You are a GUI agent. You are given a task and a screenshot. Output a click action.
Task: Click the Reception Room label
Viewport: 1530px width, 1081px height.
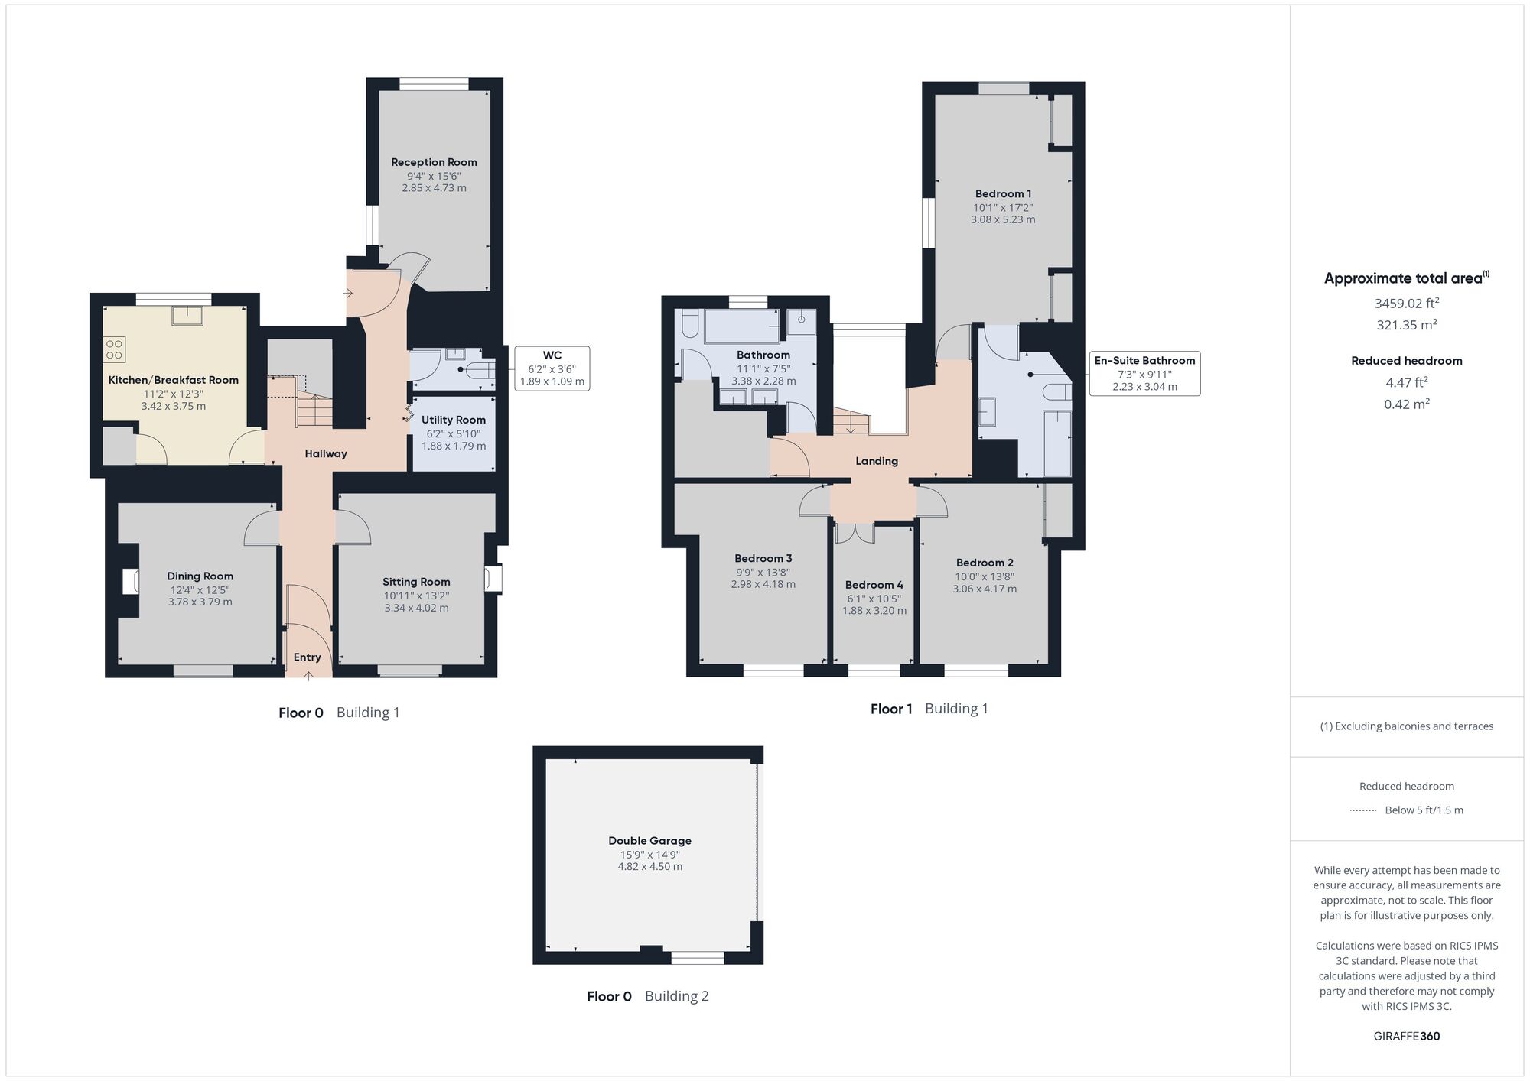[434, 162]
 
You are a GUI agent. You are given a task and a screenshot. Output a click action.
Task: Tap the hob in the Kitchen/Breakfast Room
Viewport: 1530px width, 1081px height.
[114, 349]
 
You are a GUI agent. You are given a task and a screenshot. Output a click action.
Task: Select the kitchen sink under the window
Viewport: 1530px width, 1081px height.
[186, 315]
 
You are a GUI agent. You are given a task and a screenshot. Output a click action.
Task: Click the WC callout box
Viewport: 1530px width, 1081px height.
[552, 368]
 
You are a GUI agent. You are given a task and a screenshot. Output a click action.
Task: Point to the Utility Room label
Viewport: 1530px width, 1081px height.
[454, 420]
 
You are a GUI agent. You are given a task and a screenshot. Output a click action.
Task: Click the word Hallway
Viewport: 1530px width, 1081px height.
[326, 453]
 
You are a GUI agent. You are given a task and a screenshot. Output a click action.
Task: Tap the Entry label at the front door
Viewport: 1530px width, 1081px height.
[308, 657]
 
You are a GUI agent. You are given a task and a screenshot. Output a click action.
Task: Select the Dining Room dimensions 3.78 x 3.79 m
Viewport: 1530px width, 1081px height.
[200, 602]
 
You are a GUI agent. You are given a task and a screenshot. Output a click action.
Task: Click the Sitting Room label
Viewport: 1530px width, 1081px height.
[416, 582]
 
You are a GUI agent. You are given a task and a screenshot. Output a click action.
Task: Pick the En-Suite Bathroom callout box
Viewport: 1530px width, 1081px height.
[1144, 374]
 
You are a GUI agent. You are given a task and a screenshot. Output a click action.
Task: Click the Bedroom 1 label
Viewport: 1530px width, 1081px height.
[1003, 193]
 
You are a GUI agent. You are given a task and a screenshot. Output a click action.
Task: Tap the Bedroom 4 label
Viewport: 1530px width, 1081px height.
[874, 585]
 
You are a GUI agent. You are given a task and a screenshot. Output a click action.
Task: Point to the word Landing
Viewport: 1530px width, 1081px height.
[877, 461]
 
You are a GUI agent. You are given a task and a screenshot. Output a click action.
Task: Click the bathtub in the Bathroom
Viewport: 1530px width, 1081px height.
[742, 326]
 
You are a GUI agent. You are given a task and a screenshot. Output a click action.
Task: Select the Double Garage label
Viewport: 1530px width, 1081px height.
[650, 841]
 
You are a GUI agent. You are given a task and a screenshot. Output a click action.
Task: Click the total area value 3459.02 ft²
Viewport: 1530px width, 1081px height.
[1407, 303]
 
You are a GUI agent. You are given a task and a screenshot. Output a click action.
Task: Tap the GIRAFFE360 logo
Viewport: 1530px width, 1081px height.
[1407, 1037]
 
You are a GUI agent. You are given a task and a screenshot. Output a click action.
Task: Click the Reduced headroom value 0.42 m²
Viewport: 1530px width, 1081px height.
[1407, 404]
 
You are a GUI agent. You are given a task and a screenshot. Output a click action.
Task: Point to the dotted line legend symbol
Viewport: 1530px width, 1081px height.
[1363, 810]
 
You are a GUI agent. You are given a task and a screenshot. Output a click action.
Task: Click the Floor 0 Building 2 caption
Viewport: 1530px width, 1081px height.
[648, 996]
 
